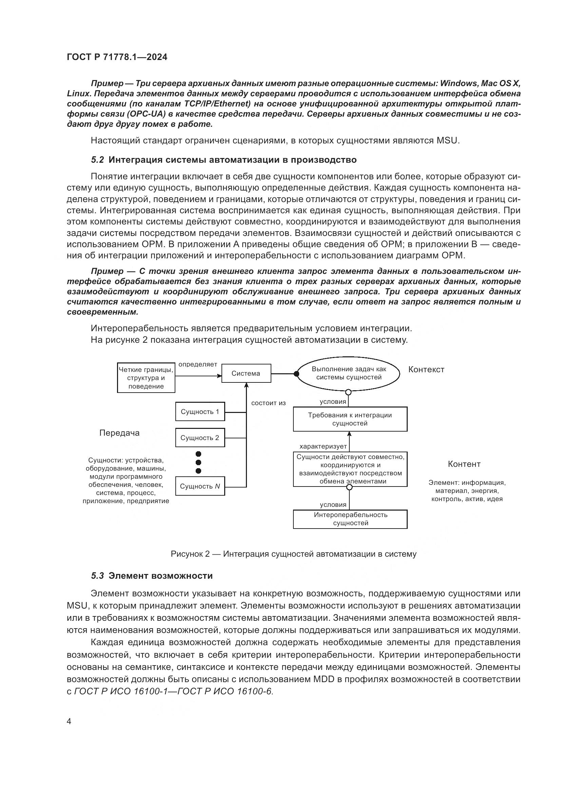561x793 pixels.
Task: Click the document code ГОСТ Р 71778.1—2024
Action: (117, 57)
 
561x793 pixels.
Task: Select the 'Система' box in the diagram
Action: (246, 373)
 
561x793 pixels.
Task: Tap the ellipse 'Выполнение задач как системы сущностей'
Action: (349, 373)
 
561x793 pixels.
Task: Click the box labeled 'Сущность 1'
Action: (200, 412)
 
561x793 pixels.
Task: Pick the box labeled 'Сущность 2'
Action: (200, 438)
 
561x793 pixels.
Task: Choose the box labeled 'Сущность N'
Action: (200, 486)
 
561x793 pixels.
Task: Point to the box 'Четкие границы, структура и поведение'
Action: (146, 378)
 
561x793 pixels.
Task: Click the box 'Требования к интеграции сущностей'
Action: (350, 419)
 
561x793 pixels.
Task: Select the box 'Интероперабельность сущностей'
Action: (350, 519)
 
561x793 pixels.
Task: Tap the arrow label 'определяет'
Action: (198, 364)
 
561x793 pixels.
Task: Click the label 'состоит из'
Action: (268, 403)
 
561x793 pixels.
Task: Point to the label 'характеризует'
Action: (323, 446)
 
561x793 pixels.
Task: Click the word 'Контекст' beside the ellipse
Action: (426, 370)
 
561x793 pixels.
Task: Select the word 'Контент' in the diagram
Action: (464, 464)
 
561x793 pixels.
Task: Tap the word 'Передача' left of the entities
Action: (119, 433)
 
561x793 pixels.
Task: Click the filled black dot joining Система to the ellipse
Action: (296, 374)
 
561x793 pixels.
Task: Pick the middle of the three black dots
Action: (198, 462)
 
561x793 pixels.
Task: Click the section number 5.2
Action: (97, 160)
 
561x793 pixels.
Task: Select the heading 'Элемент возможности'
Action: (160, 576)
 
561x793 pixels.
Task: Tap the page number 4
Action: (69, 721)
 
